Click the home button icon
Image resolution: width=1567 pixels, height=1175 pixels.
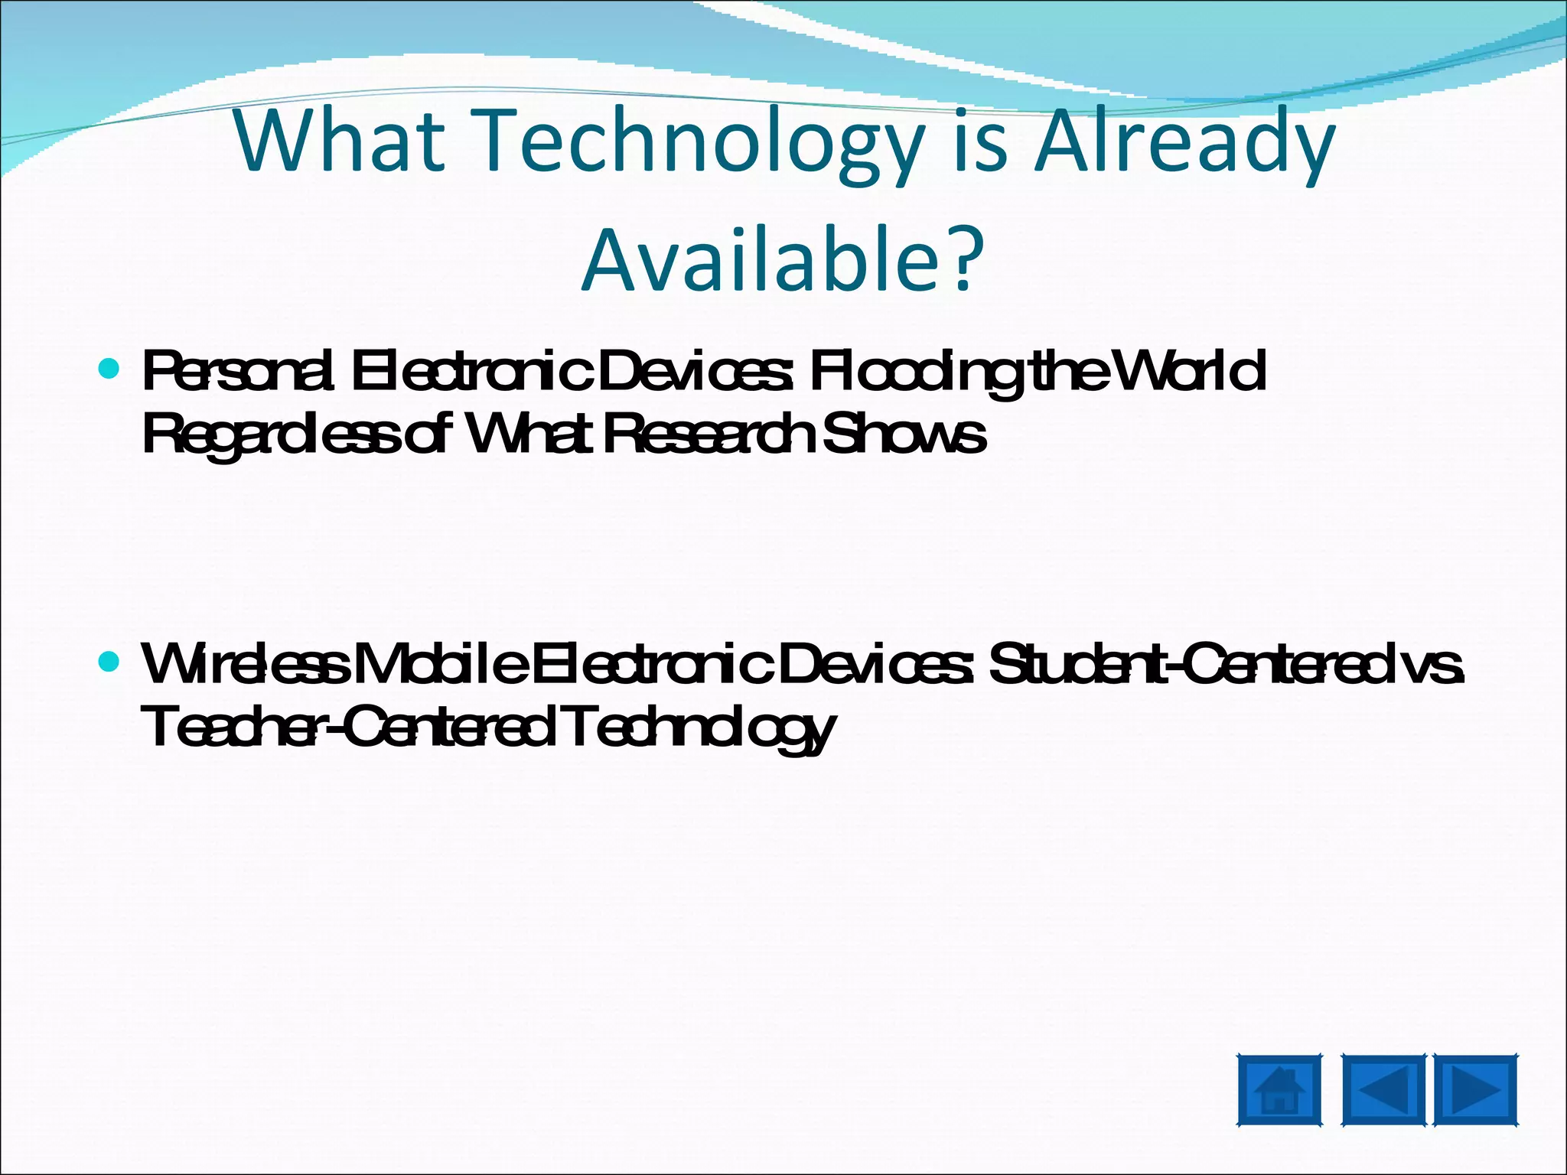click(1279, 1090)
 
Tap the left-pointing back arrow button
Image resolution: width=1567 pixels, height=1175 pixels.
click(1383, 1090)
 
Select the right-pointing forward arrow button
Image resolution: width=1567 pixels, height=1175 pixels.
click(1475, 1090)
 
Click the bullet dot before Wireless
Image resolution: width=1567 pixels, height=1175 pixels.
click(109, 661)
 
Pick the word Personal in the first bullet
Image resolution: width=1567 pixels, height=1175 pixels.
click(238, 372)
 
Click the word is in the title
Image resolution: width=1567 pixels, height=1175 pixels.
click(980, 142)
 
